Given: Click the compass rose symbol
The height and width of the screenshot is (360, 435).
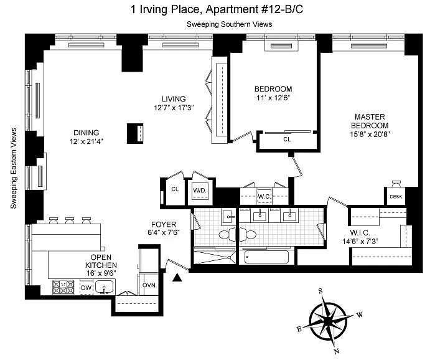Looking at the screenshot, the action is (328, 322).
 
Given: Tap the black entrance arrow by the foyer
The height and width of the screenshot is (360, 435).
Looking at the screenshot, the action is (177, 278).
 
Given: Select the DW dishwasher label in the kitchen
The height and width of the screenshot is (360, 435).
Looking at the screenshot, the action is (87, 287).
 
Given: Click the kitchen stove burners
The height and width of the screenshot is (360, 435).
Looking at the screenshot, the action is (63, 287).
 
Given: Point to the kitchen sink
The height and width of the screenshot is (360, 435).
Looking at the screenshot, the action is (104, 287).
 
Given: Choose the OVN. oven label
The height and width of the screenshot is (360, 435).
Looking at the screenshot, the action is (149, 285).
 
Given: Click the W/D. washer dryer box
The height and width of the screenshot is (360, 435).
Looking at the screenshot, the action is (200, 192).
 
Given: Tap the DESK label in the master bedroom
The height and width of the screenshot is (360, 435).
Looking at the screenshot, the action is (396, 197).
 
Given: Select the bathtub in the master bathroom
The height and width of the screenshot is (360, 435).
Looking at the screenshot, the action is (266, 257).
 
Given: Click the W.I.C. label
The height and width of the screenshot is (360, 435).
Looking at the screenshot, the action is (360, 232).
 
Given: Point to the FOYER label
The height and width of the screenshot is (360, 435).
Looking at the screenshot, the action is (164, 224).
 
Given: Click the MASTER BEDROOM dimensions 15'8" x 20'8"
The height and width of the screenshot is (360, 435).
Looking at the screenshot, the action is (370, 134).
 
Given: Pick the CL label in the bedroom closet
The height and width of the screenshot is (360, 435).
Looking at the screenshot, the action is (287, 139).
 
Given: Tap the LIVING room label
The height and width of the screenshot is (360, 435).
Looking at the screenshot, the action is (174, 99).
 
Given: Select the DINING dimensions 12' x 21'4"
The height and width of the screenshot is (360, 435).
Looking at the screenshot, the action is (87, 141).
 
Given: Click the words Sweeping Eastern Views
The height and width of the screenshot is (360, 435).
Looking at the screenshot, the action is (14, 168).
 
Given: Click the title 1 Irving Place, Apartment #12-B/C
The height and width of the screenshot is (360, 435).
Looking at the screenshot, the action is (217, 9).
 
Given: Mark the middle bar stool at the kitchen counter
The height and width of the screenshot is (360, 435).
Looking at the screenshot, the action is (70, 220).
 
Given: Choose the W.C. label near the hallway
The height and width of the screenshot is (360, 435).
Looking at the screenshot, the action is (264, 197).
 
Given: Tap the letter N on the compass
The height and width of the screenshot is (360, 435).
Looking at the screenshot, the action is (337, 351).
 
